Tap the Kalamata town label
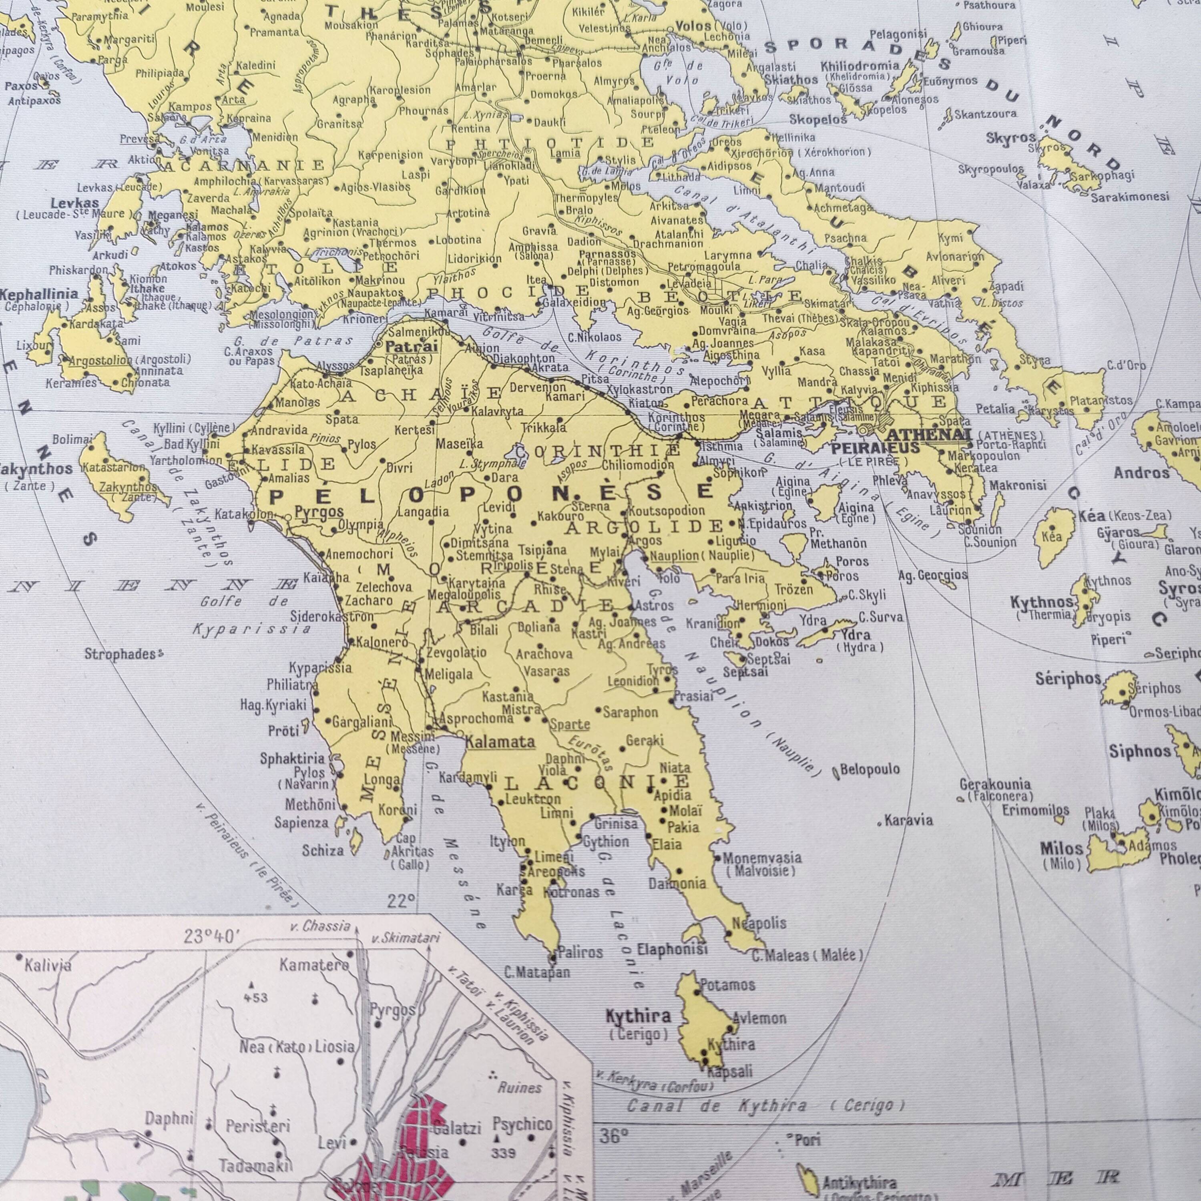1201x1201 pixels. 500,741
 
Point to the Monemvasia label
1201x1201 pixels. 762,858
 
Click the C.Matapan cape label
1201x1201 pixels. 537,973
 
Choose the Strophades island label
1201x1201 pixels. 121,654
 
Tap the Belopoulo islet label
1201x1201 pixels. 870,769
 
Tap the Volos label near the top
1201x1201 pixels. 693,26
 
